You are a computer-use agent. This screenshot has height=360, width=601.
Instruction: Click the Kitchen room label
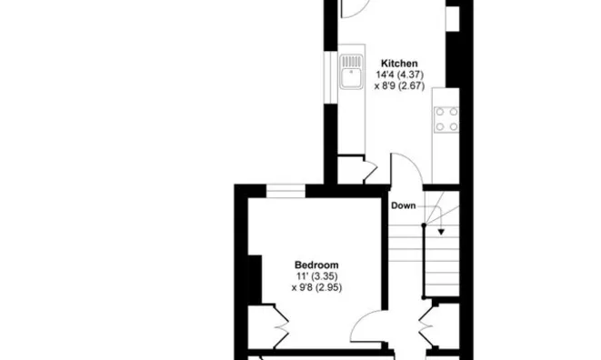[x=399, y=64]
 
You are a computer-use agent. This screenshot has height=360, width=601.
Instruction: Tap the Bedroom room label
[x=316, y=265]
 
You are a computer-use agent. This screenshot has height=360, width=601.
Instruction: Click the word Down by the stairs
[x=403, y=205]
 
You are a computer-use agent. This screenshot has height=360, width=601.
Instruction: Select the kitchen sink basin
[x=351, y=78]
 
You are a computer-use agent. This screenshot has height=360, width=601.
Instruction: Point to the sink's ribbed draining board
[x=352, y=61]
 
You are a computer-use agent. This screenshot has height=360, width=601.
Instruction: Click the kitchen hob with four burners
[x=446, y=119]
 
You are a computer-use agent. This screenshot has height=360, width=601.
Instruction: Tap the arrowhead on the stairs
[x=441, y=232]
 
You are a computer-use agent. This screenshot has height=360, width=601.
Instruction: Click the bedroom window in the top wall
[x=285, y=191]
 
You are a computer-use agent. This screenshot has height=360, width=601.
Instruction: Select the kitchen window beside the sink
[x=330, y=77]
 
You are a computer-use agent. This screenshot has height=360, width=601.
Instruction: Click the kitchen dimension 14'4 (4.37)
[x=400, y=75]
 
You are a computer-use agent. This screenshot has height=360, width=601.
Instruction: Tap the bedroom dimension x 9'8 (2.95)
[x=316, y=287]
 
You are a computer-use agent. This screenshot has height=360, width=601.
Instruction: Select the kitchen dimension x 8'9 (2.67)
[x=399, y=85]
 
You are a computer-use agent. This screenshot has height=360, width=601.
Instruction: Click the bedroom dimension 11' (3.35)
[x=316, y=276]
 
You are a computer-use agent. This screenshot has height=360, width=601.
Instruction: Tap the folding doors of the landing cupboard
[x=426, y=325]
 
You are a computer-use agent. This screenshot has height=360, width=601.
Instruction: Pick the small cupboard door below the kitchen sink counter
[x=370, y=170]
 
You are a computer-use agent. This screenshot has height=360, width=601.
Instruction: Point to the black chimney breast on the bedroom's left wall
[x=255, y=279]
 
